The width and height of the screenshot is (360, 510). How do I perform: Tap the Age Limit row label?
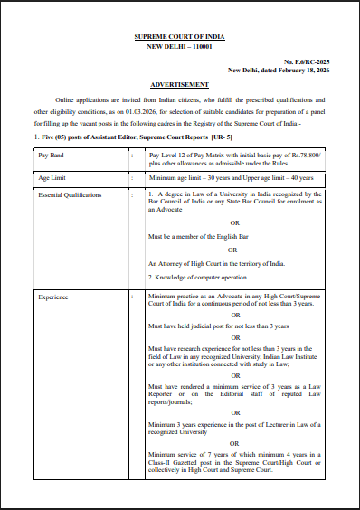click(x=53, y=179)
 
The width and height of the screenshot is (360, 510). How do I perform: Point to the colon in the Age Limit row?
click(x=134, y=179)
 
